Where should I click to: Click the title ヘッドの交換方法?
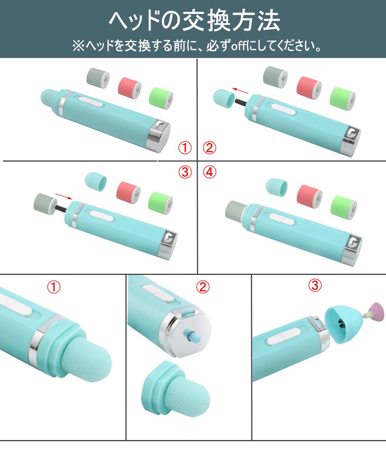194,21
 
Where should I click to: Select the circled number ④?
210,172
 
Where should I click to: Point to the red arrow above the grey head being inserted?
64,196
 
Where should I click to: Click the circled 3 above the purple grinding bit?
315,285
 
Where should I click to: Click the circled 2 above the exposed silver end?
203,287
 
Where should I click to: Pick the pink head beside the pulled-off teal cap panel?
309,88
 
